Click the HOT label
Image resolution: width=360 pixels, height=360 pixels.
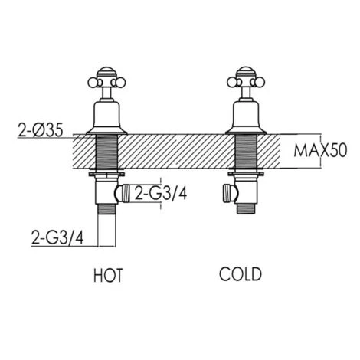(108, 275)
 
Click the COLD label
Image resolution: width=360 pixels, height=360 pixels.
(241, 274)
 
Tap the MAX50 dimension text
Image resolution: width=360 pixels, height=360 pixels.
(321, 151)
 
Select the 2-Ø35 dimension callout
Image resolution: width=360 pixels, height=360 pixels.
(40, 130)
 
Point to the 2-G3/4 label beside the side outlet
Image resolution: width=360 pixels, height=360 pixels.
(161, 193)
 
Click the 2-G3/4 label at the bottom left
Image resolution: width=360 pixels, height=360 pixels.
(57, 237)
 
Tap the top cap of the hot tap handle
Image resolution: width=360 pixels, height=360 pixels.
(106, 72)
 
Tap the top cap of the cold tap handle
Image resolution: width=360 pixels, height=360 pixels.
(246, 72)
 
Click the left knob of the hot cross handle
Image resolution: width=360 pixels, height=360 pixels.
(93, 83)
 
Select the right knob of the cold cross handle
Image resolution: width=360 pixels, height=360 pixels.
(260, 83)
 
